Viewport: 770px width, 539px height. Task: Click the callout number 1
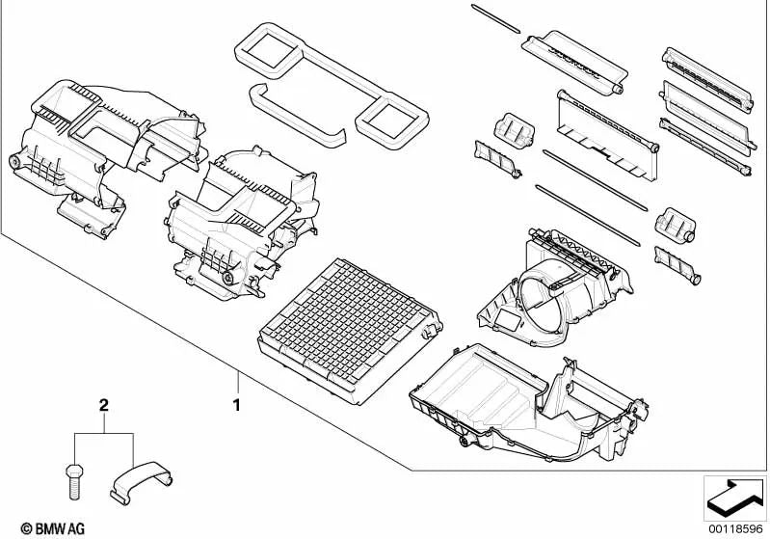click(237, 405)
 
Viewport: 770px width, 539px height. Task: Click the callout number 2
click(104, 405)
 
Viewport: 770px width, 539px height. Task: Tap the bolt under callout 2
click(74, 481)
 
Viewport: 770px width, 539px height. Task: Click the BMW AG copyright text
click(53, 528)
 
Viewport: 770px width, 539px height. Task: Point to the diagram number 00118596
click(735, 529)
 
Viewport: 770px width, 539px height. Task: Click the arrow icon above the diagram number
click(734, 498)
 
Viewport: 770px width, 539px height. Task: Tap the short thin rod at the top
click(495, 18)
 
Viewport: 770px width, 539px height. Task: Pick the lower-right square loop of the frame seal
click(391, 120)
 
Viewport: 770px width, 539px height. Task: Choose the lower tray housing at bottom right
click(528, 403)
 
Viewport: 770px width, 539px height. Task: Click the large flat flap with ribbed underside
click(607, 134)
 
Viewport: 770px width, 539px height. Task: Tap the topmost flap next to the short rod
click(574, 62)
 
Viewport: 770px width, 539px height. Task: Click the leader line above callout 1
click(239, 384)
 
